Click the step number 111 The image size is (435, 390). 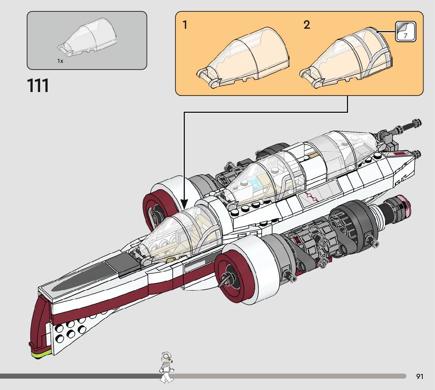click(x=38, y=85)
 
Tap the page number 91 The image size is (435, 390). click(x=420, y=376)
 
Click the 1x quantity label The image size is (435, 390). click(x=60, y=61)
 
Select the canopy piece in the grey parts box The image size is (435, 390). click(x=87, y=36)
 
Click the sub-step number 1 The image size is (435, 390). click(x=185, y=25)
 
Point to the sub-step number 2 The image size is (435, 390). click(x=306, y=25)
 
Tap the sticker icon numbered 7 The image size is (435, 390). click(x=406, y=31)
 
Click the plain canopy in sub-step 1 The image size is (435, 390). click(x=243, y=57)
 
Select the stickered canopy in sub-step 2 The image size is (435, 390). click(x=346, y=57)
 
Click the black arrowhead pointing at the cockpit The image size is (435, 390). click(x=184, y=204)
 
